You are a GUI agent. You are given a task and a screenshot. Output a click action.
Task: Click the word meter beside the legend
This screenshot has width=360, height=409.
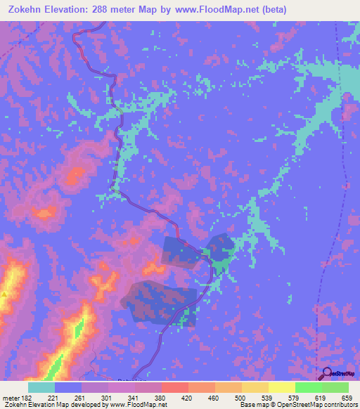[10, 399]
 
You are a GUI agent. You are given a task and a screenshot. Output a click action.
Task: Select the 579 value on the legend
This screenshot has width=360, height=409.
[295, 399]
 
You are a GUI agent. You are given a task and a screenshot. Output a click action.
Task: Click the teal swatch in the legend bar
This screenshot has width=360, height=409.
[41, 387]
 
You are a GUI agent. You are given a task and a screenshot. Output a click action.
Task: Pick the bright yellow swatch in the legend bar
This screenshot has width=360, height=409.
[281, 387]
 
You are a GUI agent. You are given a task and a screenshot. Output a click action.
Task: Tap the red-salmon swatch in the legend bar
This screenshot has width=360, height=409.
[174, 387]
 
